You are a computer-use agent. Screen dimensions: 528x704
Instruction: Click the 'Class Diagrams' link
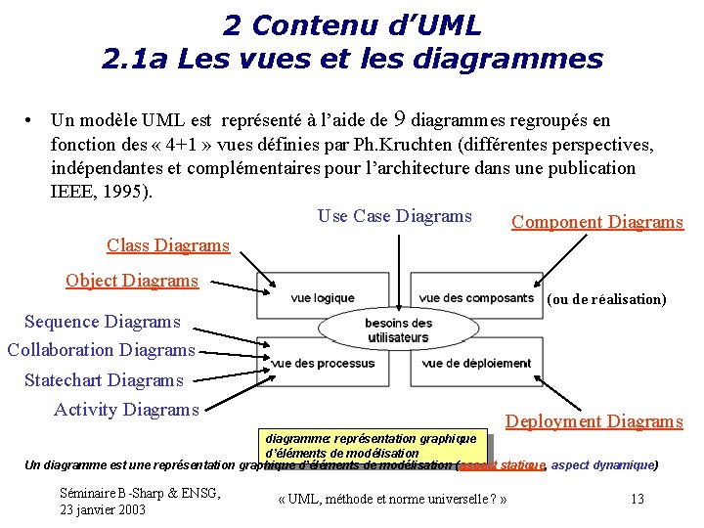pos(167,245)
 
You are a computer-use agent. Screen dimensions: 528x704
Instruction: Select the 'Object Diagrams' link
pos(132,281)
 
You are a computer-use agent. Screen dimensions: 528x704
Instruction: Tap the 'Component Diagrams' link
pos(597,222)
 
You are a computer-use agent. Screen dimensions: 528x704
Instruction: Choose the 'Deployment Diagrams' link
pos(594,421)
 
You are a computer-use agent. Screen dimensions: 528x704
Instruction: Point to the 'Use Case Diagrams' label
pos(395,216)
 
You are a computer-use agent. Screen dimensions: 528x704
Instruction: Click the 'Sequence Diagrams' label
pos(103,322)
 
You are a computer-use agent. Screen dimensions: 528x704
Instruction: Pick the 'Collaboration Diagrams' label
pos(101,350)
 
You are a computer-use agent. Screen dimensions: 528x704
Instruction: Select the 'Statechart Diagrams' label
pos(104,380)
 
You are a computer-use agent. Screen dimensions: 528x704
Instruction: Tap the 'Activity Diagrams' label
pos(126,410)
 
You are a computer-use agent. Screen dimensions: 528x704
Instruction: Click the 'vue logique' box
pos(323,297)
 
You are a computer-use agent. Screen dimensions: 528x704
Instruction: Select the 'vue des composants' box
pos(475,297)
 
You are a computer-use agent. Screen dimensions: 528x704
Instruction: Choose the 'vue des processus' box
pos(324,363)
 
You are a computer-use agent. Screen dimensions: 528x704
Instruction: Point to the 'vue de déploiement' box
pos(476,363)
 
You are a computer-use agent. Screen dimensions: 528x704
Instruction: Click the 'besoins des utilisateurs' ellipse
pos(399,330)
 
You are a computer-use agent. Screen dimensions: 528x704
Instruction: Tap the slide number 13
pos(638,499)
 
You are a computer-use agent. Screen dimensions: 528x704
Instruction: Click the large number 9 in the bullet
pos(399,120)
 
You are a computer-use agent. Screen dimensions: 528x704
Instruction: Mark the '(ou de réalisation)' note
pos(606,299)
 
